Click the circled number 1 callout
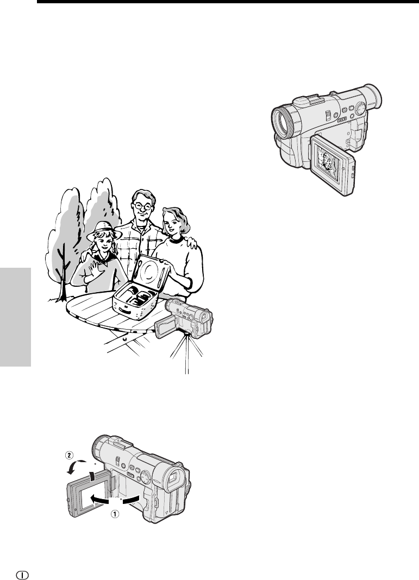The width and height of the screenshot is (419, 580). click(116, 514)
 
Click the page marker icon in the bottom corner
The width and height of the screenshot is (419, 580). click(22, 575)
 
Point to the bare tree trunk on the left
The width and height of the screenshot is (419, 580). click(63, 273)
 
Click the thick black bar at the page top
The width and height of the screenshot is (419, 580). click(228, 2)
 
